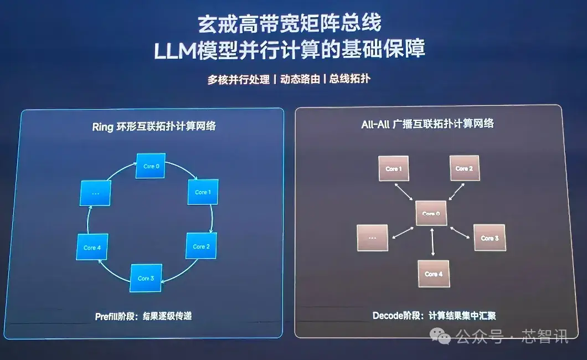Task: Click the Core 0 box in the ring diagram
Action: (151, 166)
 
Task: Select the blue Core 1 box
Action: (203, 192)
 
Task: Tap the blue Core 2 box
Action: (201, 246)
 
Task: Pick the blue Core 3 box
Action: (146, 278)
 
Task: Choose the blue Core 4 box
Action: (92, 247)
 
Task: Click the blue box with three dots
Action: (95, 193)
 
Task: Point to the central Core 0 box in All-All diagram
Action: (431, 213)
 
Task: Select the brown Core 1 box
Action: (393, 168)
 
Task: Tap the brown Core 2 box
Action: (464, 168)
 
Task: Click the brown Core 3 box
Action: (490, 238)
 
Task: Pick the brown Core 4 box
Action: (434, 274)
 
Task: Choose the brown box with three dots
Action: (373, 238)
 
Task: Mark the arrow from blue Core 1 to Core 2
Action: (212, 219)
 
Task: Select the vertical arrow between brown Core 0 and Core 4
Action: (432, 242)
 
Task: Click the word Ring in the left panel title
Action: (102, 127)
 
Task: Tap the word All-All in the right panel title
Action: (375, 124)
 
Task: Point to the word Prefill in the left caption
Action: (107, 317)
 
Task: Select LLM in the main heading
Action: (175, 50)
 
